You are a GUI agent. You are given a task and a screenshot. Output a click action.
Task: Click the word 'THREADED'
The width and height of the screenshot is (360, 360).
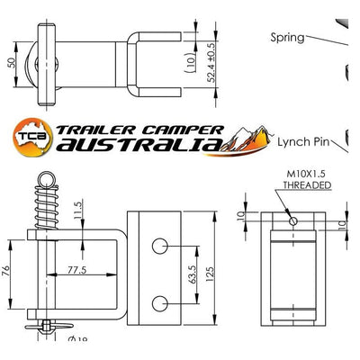pos(306,184)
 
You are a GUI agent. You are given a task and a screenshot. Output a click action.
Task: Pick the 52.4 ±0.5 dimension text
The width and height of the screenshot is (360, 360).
pos(211,60)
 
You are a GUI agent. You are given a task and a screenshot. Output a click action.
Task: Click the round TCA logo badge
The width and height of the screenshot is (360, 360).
pos(34,136)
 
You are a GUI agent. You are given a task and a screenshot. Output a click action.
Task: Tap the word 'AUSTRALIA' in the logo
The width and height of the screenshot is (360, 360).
pos(139,145)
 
